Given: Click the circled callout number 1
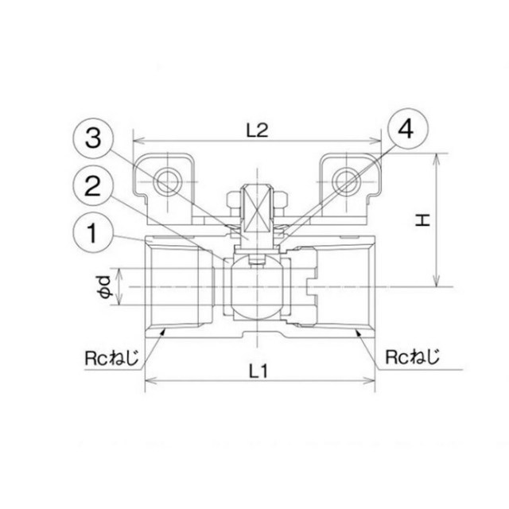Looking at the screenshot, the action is click(x=93, y=233).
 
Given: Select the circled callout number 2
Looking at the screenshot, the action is click(x=93, y=186).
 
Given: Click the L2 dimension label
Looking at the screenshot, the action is click(x=258, y=130).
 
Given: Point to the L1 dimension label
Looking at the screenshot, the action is click(x=258, y=371).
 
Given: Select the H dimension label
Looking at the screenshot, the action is click(x=423, y=220).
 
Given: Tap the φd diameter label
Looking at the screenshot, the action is click(x=105, y=286).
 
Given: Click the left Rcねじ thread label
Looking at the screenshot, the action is click(x=112, y=358).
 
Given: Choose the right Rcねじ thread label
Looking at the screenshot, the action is click(x=412, y=356).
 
